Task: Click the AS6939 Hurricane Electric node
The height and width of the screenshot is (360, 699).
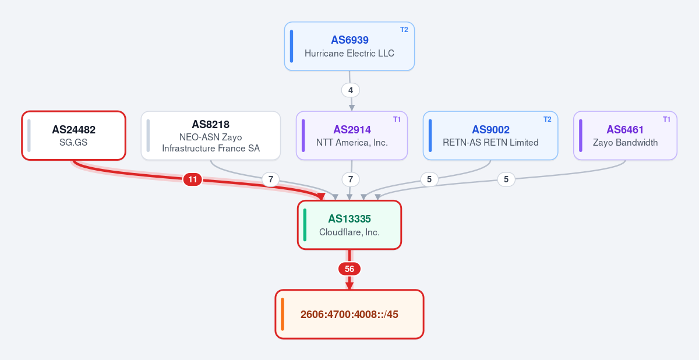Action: [x=349, y=46]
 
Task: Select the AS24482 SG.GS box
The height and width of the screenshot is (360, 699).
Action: [x=73, y=135]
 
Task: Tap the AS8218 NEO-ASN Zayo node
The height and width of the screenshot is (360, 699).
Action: [x=211, y=135]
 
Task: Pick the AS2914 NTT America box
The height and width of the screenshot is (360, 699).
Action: [x=352, y=135]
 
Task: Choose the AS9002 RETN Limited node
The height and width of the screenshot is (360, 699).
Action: [x=490, y=135]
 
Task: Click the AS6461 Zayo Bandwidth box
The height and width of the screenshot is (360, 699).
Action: [x=625, y=135]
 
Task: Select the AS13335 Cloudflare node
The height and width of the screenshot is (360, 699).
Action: [x=349, y=225]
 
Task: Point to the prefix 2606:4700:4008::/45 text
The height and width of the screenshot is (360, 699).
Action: [x=349, y=314]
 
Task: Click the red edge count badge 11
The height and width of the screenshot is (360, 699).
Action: [x=193, y=179]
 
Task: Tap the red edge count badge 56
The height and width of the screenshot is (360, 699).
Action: [x=349, y=269]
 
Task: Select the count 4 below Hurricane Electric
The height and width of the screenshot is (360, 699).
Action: [x=351, y=90]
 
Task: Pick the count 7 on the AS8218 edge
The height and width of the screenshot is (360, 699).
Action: [x=270, y=179]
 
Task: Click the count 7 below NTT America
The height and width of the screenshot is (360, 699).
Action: [x=351, y=179]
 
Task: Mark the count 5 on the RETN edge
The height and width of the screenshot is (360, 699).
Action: [x=429, y=179]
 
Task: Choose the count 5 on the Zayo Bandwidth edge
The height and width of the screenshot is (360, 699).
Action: [x=506, y=179]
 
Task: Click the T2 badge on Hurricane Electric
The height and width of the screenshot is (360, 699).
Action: [x=404, y=30]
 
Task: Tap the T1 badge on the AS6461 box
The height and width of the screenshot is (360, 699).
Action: [x=666, y=119]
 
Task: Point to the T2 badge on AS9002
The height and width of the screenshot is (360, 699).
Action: [x=548, y=119]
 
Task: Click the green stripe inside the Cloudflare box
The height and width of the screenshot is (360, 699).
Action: [x=305, y=225]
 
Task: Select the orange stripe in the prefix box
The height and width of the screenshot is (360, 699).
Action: [x=283, y=314]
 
